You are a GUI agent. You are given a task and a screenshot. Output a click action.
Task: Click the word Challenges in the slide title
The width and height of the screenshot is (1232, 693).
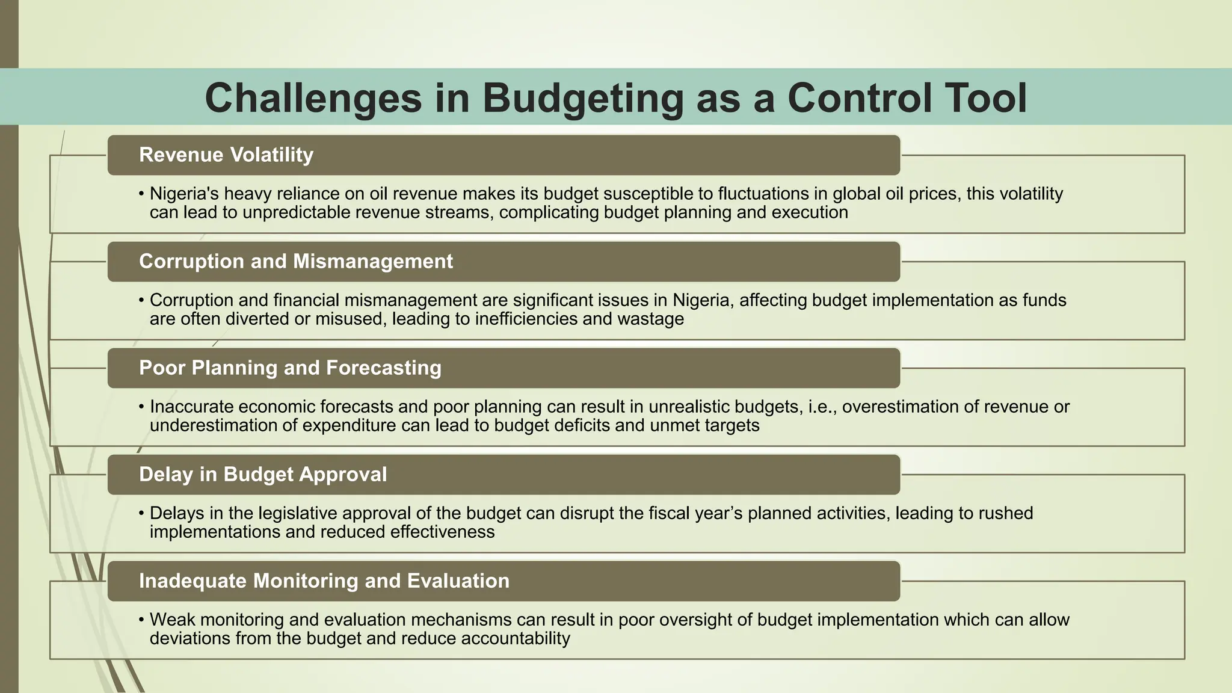(313, 98)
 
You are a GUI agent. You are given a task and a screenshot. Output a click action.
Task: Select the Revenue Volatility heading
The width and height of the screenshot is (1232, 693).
(226, 155)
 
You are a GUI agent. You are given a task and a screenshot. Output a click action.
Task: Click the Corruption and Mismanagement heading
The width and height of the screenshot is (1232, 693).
(296, 262)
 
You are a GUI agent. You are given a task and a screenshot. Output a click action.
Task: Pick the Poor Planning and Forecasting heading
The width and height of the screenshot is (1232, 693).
(290, 368)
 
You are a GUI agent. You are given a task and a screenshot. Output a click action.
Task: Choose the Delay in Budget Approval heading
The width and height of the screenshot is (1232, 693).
(263, 475)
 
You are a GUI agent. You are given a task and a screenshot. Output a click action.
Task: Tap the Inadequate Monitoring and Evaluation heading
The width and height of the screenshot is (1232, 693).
(324, 581)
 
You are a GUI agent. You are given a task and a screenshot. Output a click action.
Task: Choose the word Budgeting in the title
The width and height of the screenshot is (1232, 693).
(582, 98)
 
